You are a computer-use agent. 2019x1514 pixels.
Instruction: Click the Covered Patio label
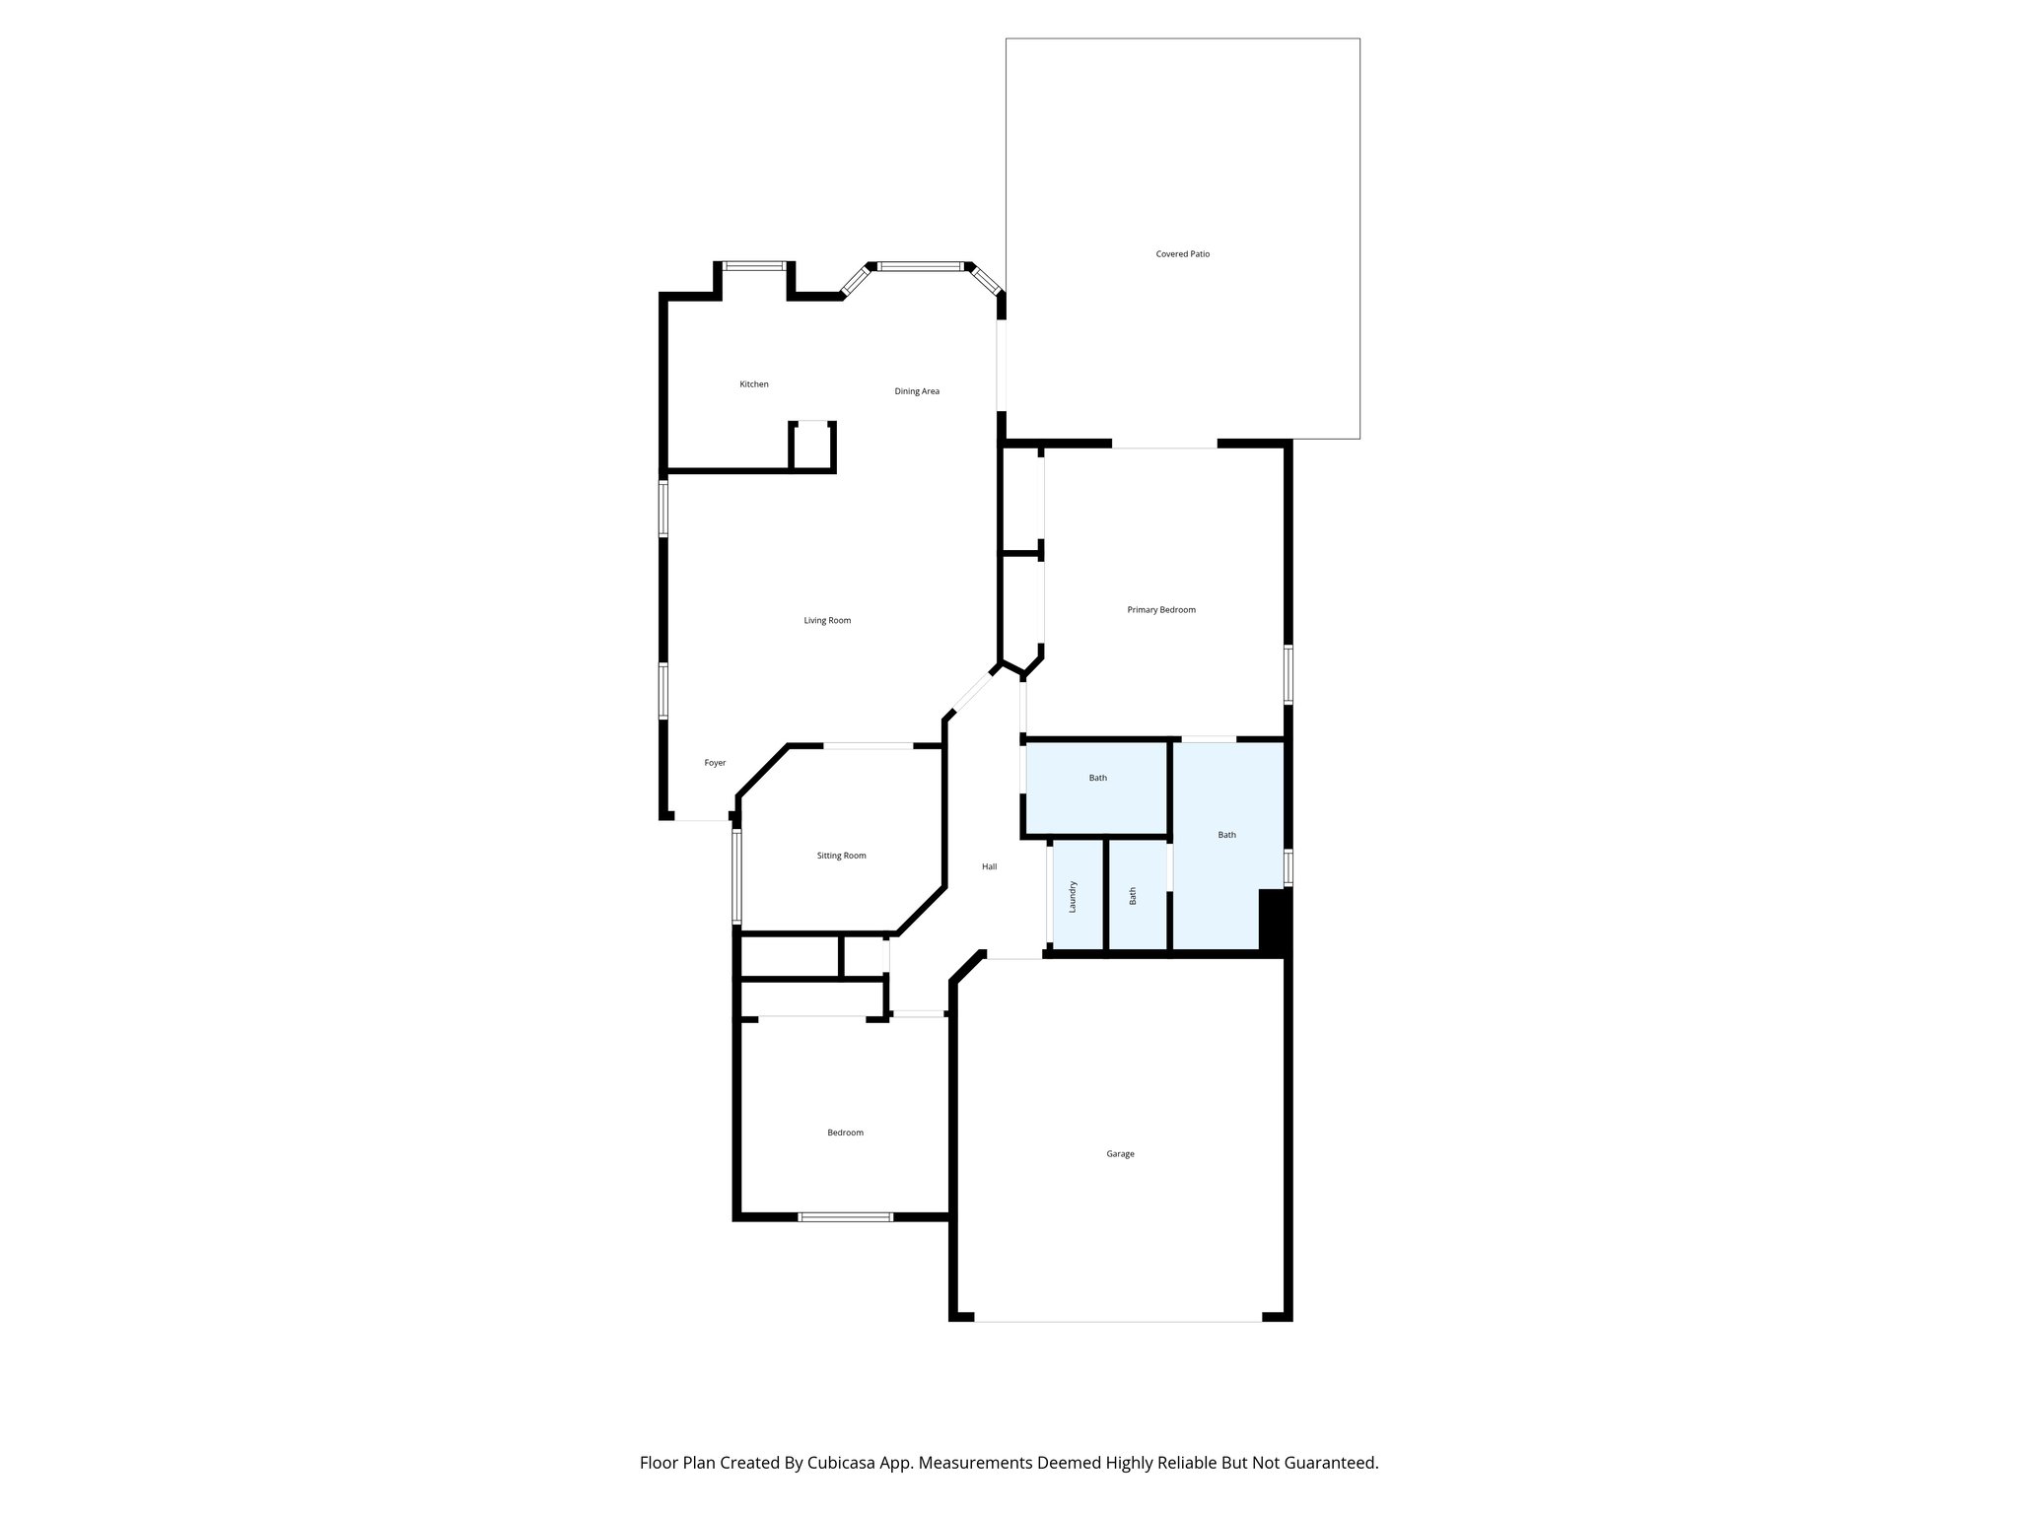click(x=1182, y=254)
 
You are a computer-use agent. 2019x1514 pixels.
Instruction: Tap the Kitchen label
click(x=754, y=384)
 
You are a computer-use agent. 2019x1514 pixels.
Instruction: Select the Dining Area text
click(x=916, y=391)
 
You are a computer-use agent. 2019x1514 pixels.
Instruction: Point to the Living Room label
click(x=826, y=620)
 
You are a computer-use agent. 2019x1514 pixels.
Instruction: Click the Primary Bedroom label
click(x=1161, y=610)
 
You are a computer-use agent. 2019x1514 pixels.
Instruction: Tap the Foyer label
click(x=715, y=763)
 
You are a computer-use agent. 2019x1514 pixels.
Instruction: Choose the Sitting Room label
click(x=841, y=856)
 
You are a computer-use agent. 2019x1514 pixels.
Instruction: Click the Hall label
click(x=989, y=866)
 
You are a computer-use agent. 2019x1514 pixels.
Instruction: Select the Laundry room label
click(x=1073, y=896)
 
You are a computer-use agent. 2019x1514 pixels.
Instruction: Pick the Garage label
click(x=1120, y=1153)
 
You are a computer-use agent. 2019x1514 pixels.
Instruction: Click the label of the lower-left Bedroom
click(x=845, y=1133)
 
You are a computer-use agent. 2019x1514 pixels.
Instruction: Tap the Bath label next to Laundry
click(x=1133, y=896)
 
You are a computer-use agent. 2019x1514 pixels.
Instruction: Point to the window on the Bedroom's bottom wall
click(x=845, y=1217)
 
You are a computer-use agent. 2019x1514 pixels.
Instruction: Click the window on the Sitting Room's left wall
click(x=735, y=876)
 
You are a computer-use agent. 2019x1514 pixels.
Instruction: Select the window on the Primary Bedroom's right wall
click(x=1288, y=675)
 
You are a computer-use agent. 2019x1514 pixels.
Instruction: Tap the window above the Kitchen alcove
click(x=754, y=266)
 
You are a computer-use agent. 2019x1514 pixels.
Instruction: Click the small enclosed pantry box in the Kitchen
click(x=812, y=447)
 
